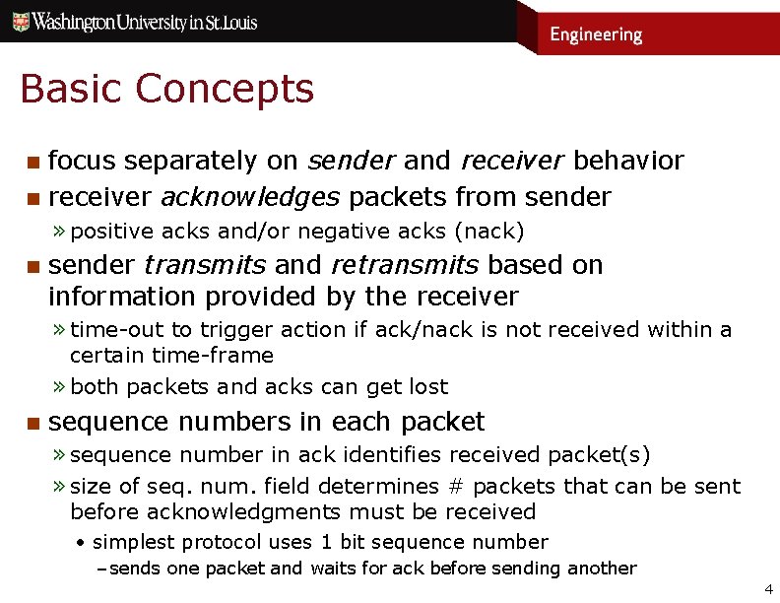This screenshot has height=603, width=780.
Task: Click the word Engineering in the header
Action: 595,34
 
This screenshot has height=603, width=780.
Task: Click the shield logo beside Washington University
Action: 19,22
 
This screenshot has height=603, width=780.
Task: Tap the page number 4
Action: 768,589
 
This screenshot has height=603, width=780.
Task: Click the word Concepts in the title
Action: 225,89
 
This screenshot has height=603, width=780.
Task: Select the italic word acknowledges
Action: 250,197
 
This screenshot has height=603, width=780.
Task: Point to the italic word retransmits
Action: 404,265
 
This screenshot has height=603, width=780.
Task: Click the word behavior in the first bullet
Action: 628,161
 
